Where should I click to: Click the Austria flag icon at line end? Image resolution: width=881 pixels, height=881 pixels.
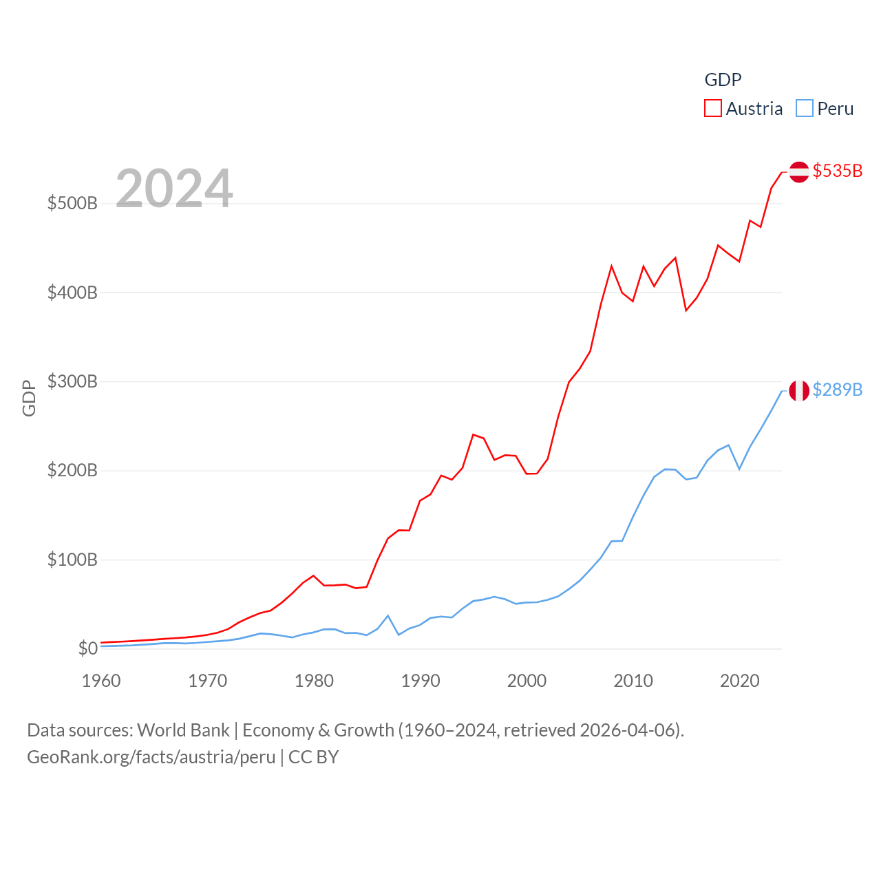[x=798, y=171]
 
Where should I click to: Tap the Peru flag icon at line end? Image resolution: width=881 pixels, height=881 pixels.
[x=798, y=390]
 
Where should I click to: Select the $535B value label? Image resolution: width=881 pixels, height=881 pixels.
[x=837, y=171]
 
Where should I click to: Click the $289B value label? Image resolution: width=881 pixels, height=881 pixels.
[x=837, y=390]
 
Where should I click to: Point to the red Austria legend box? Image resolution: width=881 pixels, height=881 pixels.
[x=713, y=109]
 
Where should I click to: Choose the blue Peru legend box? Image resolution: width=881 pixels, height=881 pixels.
[x=804, y=109]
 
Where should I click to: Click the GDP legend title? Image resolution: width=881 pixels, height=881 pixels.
[x=723, y=80]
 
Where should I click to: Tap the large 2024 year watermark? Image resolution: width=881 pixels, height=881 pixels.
[x=174, y=189]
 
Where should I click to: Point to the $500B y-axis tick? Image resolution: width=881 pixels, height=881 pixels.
[x=72, y=204]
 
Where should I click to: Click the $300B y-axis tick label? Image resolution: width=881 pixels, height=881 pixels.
[x=72, y=382]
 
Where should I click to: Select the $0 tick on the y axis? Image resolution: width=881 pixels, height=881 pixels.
[x=87, y=649]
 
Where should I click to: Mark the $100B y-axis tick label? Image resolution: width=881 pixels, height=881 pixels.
[x=72, y=560]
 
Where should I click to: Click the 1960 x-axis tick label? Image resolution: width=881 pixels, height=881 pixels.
[x=101, y=681]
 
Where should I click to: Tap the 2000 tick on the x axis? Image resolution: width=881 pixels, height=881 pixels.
[x=527, y=681]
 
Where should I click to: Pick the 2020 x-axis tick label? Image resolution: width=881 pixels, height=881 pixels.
[x=739, y=681]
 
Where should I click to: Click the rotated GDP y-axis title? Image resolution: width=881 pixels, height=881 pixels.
[x=29, y=398]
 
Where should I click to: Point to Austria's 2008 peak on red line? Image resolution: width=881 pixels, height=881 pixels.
[x=611, y=266]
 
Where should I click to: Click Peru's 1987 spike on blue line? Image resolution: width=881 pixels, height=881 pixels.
[x=388, y=616]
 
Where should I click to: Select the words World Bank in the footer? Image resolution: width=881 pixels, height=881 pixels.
[x=183, y=730]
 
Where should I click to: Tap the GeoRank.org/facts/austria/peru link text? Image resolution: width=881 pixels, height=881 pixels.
[x=151, y=757]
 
